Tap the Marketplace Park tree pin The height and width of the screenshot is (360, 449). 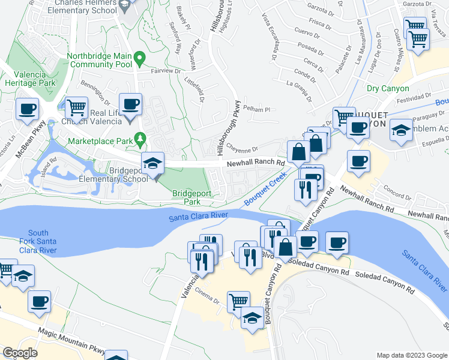click(140, 139)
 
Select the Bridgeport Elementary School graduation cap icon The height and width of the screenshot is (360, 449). click(152, 163)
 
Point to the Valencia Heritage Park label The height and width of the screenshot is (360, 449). click(30, 79)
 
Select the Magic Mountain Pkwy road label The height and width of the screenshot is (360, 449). click(72, 341)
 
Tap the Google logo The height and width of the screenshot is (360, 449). click(20, 353)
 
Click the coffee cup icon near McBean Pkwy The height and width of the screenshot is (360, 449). click(27, 109)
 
